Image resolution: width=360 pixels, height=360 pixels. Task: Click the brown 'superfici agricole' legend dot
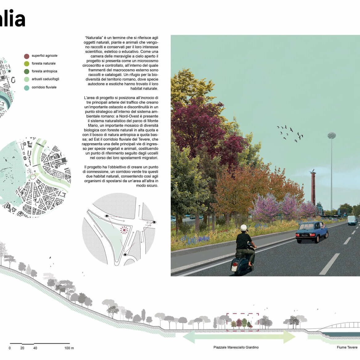click(x=27, y=56)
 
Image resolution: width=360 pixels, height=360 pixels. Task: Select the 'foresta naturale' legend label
click(x=43, y=63)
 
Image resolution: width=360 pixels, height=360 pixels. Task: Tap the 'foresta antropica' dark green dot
click(x=27, y=71)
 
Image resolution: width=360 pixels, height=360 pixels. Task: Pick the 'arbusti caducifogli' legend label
click(x=45, y=79)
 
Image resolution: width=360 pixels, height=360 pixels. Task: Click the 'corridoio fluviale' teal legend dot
click(x=27, y=88)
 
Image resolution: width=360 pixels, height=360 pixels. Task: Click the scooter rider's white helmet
click(x=244, y=228)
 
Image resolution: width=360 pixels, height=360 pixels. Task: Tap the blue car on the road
click(x=312, y=232)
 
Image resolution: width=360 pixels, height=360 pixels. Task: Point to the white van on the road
click(x=352, y=220)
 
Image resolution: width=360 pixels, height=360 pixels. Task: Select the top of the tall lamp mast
click(x=332, y=136)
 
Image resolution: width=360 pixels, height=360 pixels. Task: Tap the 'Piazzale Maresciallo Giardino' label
click(x=236, y=347)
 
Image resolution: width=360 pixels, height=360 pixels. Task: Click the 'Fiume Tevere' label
click(x=347, y=347)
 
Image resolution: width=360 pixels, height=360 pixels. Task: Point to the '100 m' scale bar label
click(x=69, y=348)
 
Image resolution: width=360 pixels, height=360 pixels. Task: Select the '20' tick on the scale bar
click(x=22, y=348)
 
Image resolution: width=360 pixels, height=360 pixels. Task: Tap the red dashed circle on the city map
click(x=33, y=177)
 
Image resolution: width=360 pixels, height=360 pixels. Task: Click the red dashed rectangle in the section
click(x=243, y=314)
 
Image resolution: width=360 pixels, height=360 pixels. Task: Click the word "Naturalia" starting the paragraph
click(x=93, y=38)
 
